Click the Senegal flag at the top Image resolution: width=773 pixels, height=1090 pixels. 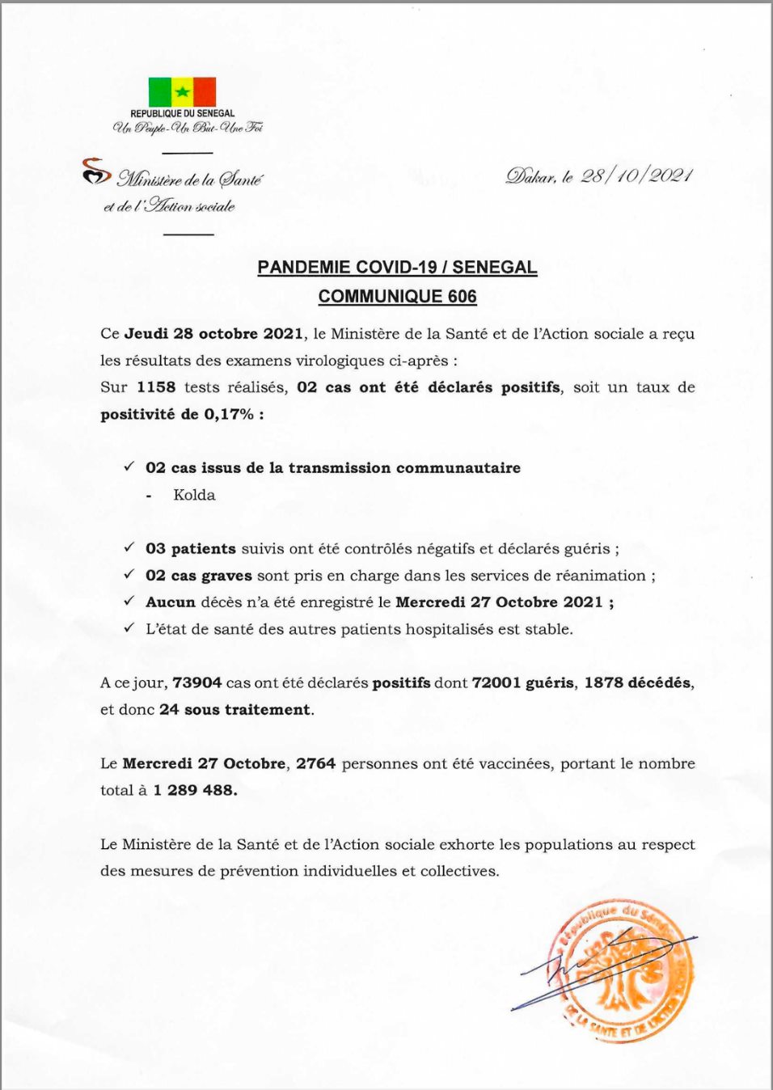coord(182,91)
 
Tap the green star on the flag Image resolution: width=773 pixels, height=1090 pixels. coord(183,92)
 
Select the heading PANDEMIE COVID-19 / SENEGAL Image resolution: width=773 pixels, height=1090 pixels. coord(397,268)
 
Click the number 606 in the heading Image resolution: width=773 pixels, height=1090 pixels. coord(462,297)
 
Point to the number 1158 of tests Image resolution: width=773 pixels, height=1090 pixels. coord(156,387)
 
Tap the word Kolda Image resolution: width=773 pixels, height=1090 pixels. coord(194,495)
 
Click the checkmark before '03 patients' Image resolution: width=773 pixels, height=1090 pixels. coord(129,547)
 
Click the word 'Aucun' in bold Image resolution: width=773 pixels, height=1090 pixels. coord(171,602)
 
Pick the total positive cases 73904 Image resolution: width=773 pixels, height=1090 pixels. coord(196,683)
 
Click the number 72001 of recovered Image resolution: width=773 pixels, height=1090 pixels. coord(496,683)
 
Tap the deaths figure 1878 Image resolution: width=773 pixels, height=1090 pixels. coord(603,683)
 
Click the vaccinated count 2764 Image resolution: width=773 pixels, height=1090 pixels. coord(315,764)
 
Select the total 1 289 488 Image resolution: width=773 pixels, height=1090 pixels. coord(195,791)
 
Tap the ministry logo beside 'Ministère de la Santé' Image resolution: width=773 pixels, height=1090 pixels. coord(95,171)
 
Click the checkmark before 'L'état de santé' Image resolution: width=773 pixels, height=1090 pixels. coord(129,628)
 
